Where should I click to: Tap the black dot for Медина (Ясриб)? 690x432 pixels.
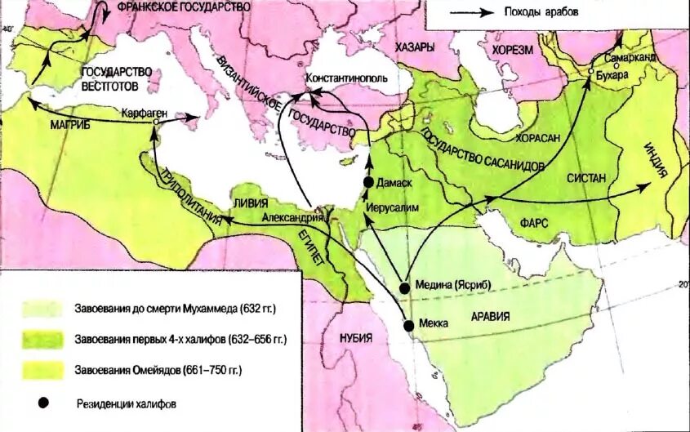point(404,287)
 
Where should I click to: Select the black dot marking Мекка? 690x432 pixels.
point(408,325)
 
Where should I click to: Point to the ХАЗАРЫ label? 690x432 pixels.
point(414,48)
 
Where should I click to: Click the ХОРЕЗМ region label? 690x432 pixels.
point(512,49)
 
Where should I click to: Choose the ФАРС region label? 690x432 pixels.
point(531,221)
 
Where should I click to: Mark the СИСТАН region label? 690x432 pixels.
point(585,177)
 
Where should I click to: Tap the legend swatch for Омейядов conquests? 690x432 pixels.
point(42,370)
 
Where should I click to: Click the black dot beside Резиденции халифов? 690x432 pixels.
point(42,403)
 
